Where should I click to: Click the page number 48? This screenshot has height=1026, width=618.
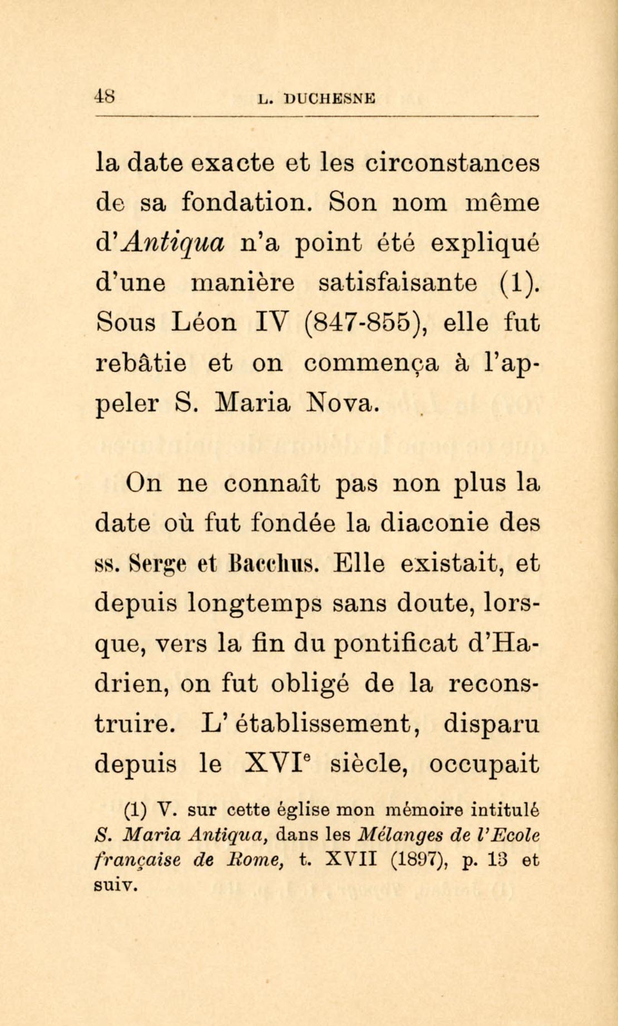(105, 96)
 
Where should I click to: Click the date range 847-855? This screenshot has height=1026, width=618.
(365, 323)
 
